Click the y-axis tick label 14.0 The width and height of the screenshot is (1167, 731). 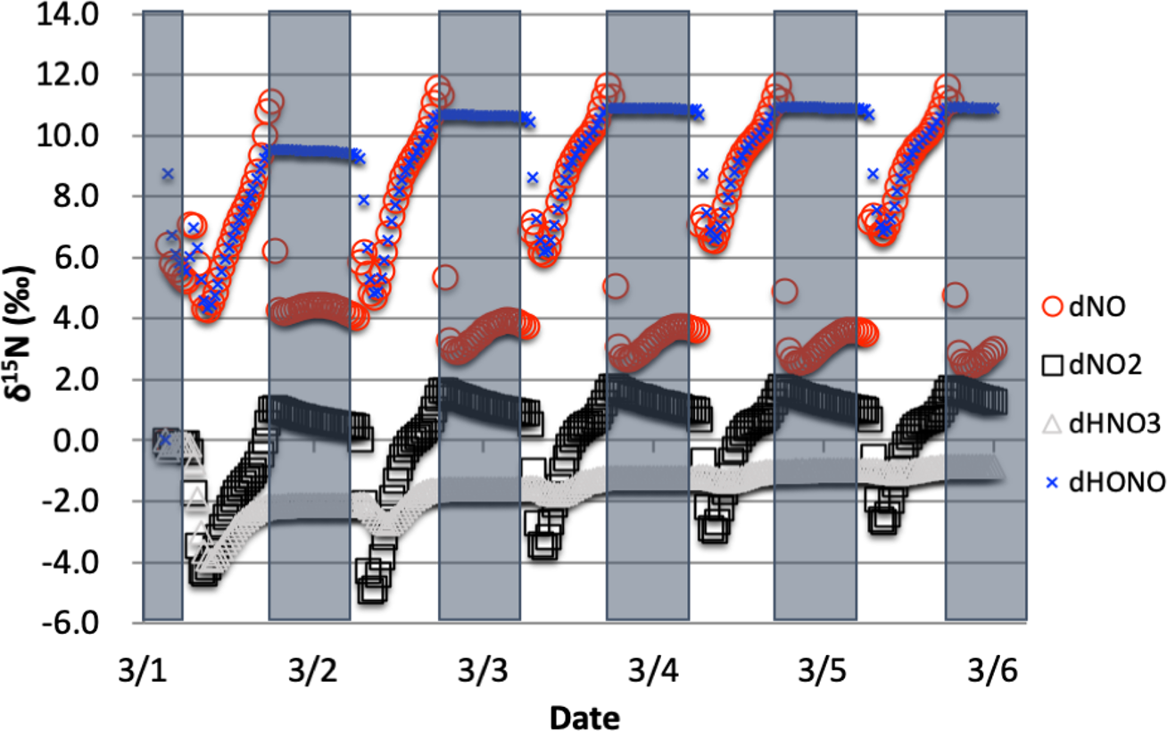pyautogui.click(x=67, y=15)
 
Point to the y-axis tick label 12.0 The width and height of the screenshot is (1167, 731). pyautogui.click(x=67, y=76)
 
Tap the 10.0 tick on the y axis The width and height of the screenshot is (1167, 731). pyautogui.click(x=67, y=137)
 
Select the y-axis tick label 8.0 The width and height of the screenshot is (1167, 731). pyautogui.click(x=76, y=197)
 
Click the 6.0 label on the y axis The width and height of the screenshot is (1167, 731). pyautogui.click(x=76, y=258)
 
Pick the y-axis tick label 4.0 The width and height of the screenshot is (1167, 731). pyautogui.click(x=76, y=319)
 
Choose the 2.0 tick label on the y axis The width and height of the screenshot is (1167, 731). pyautogui.click(x=76, y=380)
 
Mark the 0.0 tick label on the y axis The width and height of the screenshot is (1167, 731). pyautogui.click(x=76, y=441)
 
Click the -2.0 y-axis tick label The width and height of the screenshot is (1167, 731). pyautogui.click(x=70, y=502)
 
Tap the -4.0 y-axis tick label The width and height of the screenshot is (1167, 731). pyautogui.click(x=70, y=562)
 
